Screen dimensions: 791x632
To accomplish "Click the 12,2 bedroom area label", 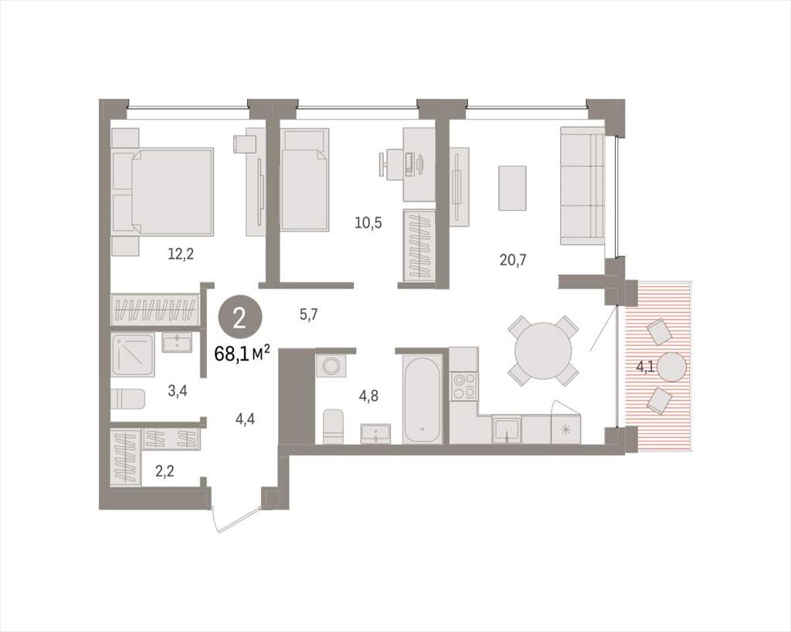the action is (x=181, y=253).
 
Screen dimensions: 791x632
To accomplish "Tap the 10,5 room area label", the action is (x=368, y=223).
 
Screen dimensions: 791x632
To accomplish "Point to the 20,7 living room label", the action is (x=513, y=260).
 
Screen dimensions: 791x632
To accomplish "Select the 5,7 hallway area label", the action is (x=309, y=315).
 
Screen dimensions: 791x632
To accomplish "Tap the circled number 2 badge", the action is (x=240, y=319).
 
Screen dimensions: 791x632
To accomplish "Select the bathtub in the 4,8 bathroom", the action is (x=423, y=399).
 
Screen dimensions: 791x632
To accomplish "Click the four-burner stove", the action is (x=464, y=386).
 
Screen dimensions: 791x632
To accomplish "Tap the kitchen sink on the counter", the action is (x=507, y=430).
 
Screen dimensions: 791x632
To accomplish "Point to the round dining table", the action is (x=543, y=351).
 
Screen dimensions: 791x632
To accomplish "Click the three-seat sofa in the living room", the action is (x=582, y=187).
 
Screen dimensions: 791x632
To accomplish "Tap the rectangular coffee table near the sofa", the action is (x=513, y=189).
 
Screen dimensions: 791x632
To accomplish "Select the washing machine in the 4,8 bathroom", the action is (x=331, y=365).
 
